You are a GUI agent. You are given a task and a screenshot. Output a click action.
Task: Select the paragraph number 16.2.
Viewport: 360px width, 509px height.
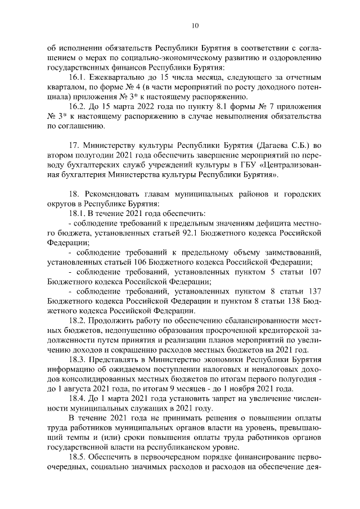pyautogui.click(x=78, y=106)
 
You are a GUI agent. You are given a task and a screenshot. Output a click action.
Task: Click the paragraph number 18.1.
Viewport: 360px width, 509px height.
pyautogui.click(x=78, y=214)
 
